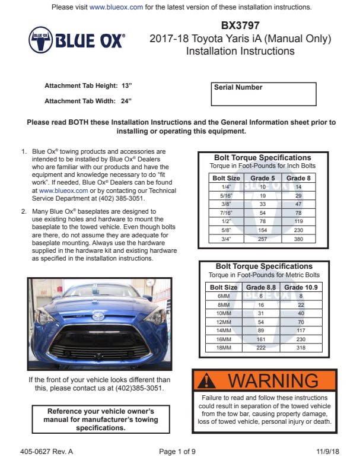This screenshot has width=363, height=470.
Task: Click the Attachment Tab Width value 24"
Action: click(x=126, y=101)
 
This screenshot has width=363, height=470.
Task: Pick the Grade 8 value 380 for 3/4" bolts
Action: click(x=298, y=239)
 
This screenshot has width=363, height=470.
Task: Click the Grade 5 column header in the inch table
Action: click(x=263, y=177)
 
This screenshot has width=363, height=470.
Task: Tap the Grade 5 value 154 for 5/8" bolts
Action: click(x=263, y=230)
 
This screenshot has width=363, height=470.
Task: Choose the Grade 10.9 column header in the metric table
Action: click(x=301, y=287)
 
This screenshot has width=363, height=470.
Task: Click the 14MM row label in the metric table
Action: click(x=224, y=331)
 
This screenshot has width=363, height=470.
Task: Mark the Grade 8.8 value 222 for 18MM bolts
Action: click(x=261, y=348)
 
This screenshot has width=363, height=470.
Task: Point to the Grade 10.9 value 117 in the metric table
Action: click(x=301, y=331)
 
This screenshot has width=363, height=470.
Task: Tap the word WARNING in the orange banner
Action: click(x=274, y=380)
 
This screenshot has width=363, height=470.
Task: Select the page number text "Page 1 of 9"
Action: click(x=177, y=452)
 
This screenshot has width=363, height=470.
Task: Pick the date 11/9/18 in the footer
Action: click(x=328, y=452)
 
